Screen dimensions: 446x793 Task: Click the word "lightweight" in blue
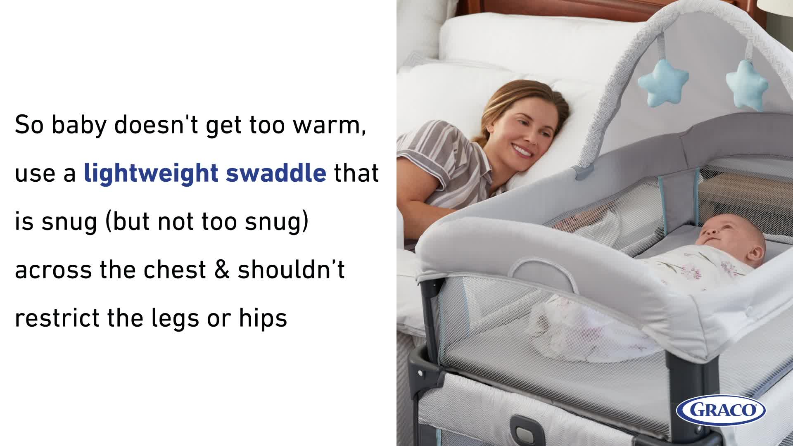click(151, 173)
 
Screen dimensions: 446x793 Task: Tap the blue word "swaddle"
click(276, 173)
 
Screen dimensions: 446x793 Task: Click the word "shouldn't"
click(291, 270)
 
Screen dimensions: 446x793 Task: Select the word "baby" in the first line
click(78, 125)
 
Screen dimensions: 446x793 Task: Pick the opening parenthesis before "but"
click(108, 222)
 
